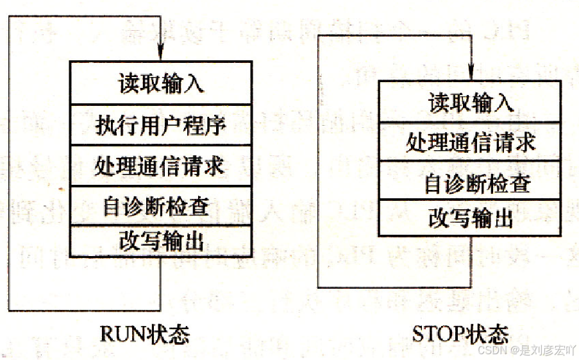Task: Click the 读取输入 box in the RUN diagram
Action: point(160,83)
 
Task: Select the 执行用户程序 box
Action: point(160,124)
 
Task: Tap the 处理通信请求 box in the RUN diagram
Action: point(160,166)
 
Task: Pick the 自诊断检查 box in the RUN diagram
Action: point(160,206)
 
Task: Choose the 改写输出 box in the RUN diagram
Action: point(160,241)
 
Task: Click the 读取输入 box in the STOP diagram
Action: point(471,102)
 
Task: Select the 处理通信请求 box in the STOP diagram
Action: point(471,142)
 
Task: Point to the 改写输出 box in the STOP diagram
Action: point(471,219)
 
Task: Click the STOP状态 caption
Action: point(460,334)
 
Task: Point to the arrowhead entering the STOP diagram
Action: point(471,73)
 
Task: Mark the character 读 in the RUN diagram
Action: point(128,83)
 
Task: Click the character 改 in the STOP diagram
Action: point(439,219)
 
